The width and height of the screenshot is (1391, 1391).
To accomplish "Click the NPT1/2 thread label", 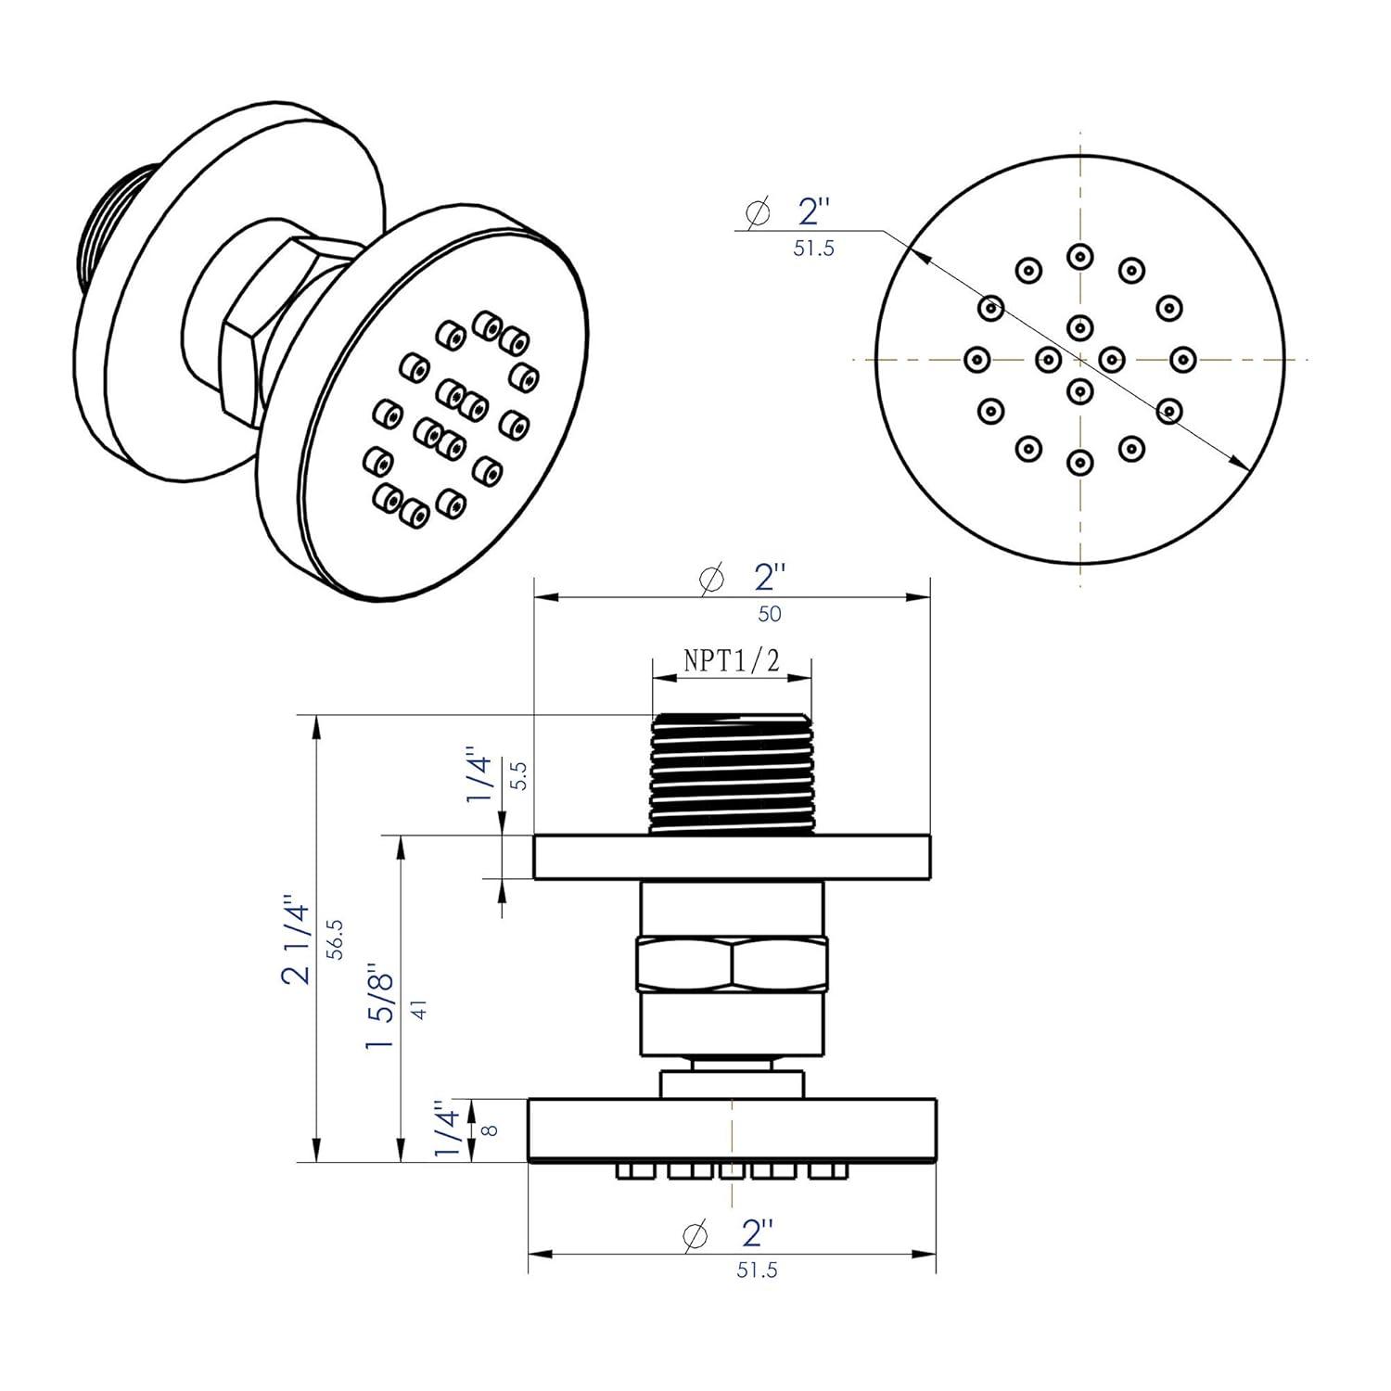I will [732, 660].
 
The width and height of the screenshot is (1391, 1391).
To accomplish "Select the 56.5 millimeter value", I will [335, 938].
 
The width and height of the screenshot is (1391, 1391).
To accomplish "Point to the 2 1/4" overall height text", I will [298, 938].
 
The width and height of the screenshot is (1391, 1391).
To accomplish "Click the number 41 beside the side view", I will [419, 1010].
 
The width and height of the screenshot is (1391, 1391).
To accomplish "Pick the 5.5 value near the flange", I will [519, 775].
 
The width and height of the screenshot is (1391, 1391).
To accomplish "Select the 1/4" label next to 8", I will [448, 1131].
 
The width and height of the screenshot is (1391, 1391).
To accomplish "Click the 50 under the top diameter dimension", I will [769, 614].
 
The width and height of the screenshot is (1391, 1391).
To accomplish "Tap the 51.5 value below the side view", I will [757, 1270].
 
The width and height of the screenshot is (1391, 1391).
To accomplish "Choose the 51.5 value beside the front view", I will [813, 249].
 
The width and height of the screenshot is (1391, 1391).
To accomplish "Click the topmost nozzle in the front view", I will [1079, 255].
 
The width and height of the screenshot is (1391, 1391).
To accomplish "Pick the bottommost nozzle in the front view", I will [1079, 462].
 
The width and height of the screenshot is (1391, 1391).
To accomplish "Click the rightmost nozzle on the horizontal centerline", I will [1181, 358].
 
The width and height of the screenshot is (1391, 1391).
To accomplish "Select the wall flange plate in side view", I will [732, 857].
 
